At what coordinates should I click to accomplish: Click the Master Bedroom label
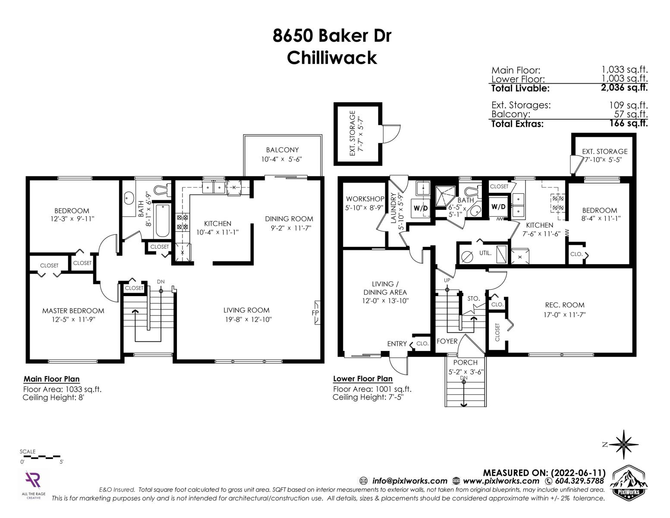click(73, 311)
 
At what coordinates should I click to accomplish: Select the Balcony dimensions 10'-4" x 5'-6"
click(282, 159)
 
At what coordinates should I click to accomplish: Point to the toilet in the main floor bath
click(162, 190)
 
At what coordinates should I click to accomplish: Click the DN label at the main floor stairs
click(160, 282)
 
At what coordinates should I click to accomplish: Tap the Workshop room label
click(365, 199)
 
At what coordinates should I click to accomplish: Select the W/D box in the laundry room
click(421, 208)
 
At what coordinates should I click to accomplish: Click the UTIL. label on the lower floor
click(485, 253)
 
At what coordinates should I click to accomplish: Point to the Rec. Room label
click(565, 305)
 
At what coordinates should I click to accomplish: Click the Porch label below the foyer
click(465, 363)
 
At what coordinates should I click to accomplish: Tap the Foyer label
click(447, 341)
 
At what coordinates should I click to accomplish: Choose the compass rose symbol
click(624, 445)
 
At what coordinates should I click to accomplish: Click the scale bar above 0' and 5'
click(40, 456)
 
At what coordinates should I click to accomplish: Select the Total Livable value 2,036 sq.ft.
click(624, 88)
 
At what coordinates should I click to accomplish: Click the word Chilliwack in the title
click(332, 58)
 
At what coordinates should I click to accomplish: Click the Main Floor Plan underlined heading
click(51, 379)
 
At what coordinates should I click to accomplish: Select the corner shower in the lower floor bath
click(445, 196)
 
